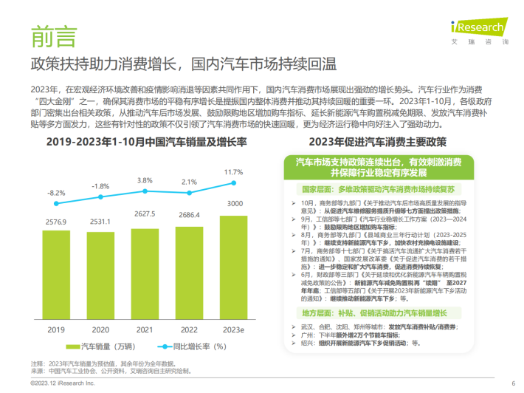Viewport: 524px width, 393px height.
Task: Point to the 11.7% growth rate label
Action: click(x=234, y=171)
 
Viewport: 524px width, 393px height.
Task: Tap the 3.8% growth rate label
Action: click(x=145, y=180)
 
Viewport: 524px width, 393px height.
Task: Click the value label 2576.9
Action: click(x=57, y=222)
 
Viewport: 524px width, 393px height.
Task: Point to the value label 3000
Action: click(x=234, y=203)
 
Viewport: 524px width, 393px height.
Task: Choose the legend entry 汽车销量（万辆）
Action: click(x=103, y=346)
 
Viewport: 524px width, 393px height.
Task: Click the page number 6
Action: click(x=513, y=383)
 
